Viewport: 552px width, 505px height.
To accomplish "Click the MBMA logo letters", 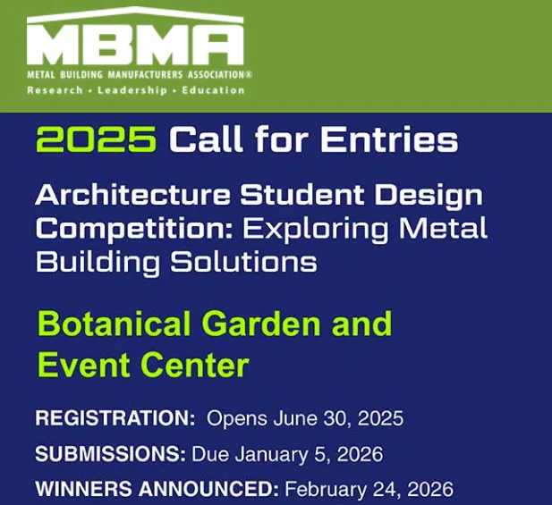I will pyautogui.click(x=135, y=43).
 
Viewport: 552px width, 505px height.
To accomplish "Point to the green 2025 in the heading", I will pyautogui.click(x=97, y=139).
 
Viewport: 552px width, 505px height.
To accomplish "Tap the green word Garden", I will pyautogui.click(x=266, y=323).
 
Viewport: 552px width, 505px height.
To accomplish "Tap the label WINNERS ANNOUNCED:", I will pyautogui.click(x=157, y=490).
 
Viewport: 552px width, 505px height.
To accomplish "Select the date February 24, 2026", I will pyautogui.click(x=369, y=490).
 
